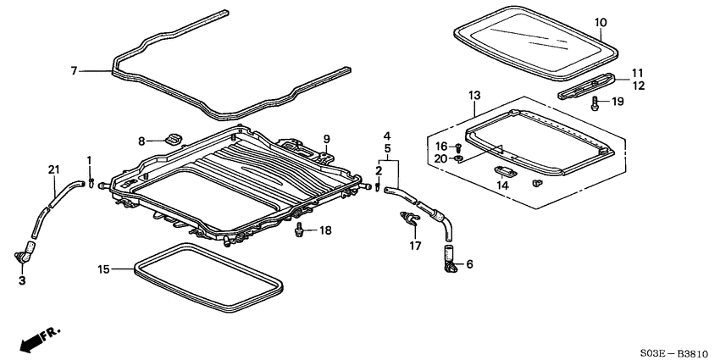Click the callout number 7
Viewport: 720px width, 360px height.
coord(75,71)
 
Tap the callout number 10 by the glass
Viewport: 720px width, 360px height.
coord(601,22)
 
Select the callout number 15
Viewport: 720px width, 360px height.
coord(103,269)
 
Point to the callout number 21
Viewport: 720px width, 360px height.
coord(54,172)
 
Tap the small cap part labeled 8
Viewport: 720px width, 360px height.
coord(175,139)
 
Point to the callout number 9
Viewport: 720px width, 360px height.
coord(324,139)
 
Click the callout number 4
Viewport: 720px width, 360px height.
coord(386,136)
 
